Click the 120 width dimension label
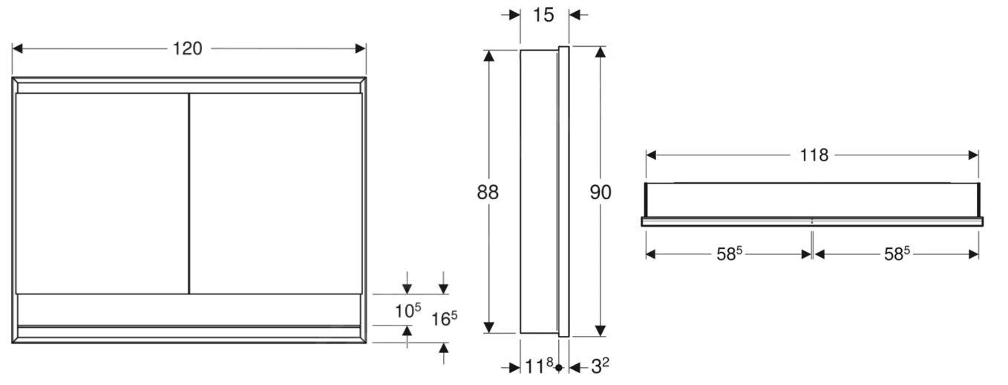(x=188, y=49)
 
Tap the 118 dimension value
(x=814, y=155)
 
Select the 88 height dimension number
(x=488, y=192)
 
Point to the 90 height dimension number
(x=600, y=192)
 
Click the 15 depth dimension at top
(x=543, y=15)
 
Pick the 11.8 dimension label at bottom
(x=539, y=366)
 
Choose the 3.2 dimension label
(x=600, y=366)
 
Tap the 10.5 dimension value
(x=408, y=311)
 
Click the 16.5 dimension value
(x=444, y=319)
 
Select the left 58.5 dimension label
(x=729, y=254)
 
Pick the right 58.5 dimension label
(x=897, y=254)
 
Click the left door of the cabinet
(x=101, y=193)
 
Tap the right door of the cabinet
(x=275, y=193)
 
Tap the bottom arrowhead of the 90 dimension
(x=600, y=331)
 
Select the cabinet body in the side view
(x=538, y=192)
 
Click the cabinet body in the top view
(x=812, y=200)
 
